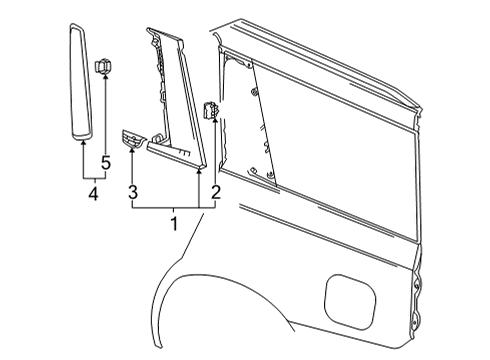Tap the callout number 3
click(x=130, y=191)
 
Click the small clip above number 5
click(x=102, y=68)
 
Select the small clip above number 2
click(x=212, y=111)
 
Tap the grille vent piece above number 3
click(x=132, y=141)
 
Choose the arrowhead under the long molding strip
click(x=82, y=143)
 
